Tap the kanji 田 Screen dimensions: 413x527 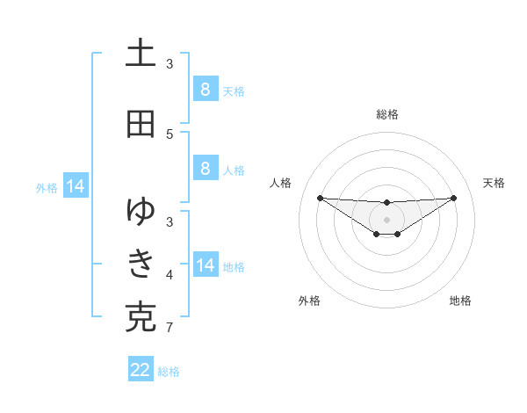click(141, 125)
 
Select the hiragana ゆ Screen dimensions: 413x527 click(141, 211)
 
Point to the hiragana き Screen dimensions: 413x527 click(141, 264)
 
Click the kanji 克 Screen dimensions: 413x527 click(141, 318)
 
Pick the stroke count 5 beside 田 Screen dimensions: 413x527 click(170, 134)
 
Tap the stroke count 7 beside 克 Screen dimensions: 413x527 click(170, 329)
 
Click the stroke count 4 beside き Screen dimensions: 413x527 click(170, 275)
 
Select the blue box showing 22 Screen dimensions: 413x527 click(141, 370)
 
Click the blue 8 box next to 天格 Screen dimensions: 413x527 click(205, 89)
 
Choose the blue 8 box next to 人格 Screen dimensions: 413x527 click(205, 168)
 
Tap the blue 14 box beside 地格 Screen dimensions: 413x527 click(206, 264)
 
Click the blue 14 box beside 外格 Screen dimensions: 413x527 click(75, 185)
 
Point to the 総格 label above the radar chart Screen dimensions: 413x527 click(387, 114)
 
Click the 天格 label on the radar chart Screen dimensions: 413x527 click(494, 183)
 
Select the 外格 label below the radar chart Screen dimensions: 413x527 click(309, 301)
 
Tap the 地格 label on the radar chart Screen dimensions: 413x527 click(460, 301)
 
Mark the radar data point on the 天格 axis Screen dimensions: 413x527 click(454, 198)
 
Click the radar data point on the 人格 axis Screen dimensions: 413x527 click(320, 198)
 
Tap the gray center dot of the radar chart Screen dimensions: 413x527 click(387, 219)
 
